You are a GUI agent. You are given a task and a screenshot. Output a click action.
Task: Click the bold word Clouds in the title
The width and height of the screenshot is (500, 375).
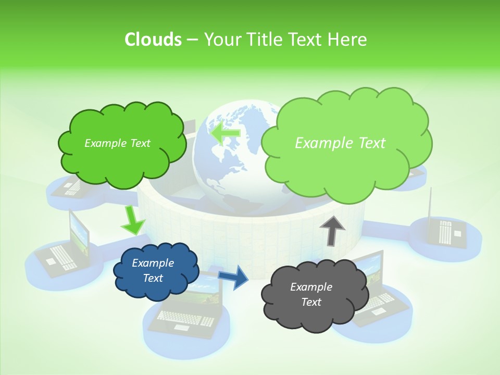(x=153, y=40)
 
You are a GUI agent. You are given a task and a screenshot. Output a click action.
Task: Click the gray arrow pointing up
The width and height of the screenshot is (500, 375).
(x=332, y=230)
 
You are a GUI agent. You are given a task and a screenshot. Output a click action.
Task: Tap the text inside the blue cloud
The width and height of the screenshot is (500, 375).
(x=153, y=270)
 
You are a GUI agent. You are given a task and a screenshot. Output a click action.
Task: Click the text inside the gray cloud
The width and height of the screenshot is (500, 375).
(x=311, y=294)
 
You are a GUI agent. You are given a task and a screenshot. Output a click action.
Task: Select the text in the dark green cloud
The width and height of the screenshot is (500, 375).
(x=117, y=143)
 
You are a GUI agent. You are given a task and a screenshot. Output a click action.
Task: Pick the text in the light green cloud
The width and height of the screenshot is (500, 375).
(x=340, y=143)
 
